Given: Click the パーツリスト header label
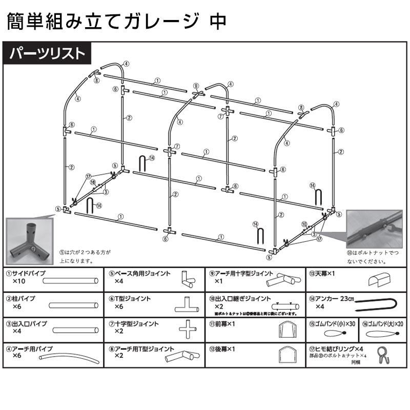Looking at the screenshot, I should click(x=47, y=53).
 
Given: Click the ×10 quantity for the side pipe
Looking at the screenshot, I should click(x=19, y=282).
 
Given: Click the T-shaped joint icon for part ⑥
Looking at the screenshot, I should click(x=188, y=305).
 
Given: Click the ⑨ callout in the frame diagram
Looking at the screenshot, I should click(x=196, y=85).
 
